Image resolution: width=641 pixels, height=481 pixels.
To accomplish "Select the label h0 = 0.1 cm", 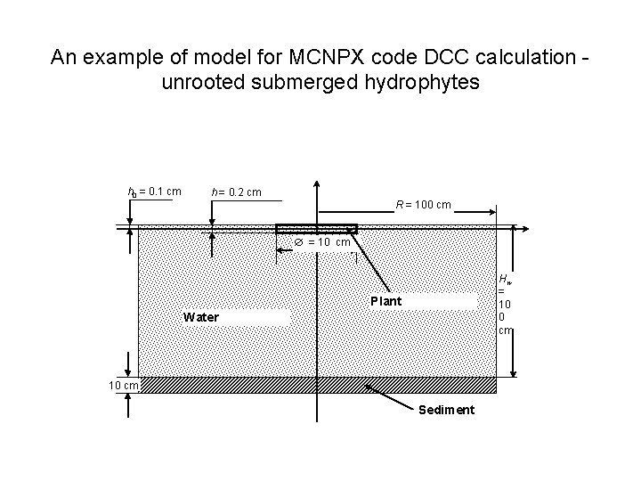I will click(x=156, y=192).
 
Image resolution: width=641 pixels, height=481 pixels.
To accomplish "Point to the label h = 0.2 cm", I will click(x=236, y=192).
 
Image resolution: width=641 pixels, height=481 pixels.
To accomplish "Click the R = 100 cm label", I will click(x=423, y=206).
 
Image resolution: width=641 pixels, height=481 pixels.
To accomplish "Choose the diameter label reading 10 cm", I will click(x=321, y=242).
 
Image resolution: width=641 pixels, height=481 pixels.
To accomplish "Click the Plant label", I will click(x=385, y=301).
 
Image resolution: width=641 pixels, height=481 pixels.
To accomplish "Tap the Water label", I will click(x=200, y=317).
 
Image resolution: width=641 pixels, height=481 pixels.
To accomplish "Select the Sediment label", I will click(x=446, y=410).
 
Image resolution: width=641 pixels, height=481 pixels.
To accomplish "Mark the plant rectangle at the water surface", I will click(x=316, y=229).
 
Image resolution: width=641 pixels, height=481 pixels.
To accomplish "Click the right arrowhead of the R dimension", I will click(x=492, y=212).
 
